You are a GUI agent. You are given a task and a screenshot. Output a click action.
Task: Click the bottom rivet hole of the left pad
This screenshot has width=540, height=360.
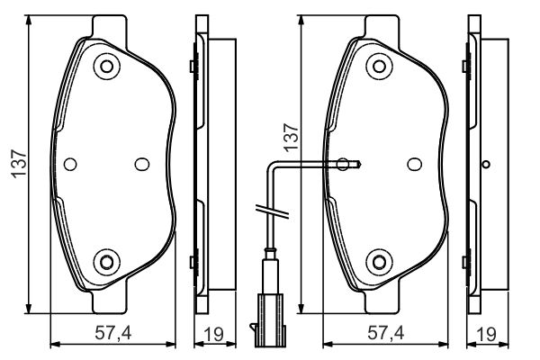[107, 263]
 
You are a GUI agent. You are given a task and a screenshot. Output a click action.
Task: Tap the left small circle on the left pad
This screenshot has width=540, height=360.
[71, 164]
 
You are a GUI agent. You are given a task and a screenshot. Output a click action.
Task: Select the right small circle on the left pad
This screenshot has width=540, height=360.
[141, 164]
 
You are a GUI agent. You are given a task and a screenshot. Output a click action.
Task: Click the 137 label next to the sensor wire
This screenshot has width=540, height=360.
[291, 136]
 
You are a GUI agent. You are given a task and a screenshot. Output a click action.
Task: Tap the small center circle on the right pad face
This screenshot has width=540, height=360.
[415, 164]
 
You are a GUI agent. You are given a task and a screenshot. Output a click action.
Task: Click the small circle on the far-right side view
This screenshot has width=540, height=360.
[486, 164]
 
